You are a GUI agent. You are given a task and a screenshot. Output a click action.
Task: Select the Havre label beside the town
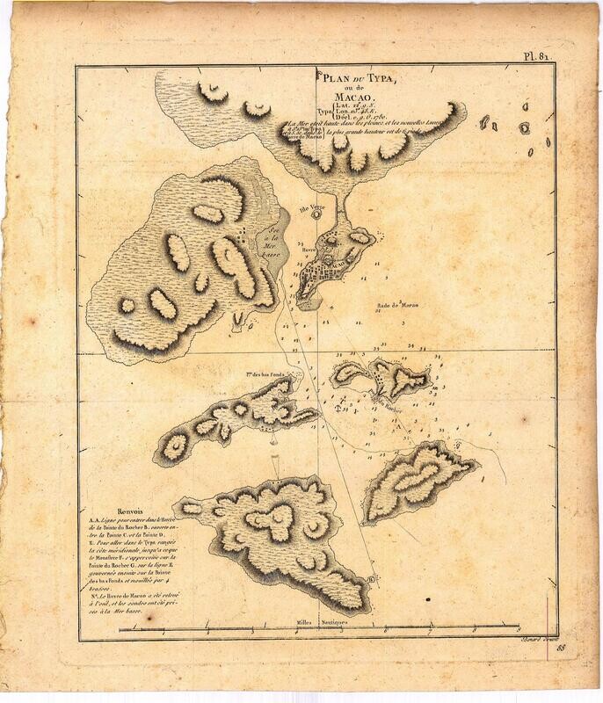point(308,250)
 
